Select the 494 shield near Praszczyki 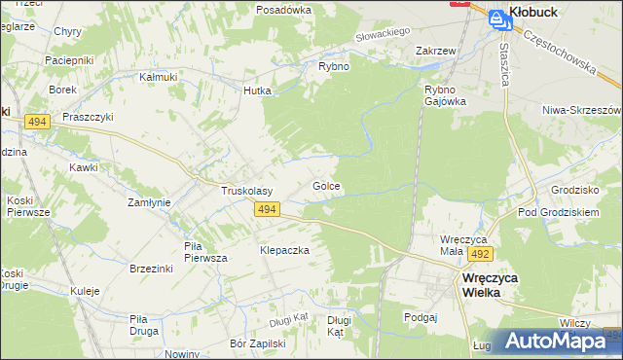(x=38, y=121)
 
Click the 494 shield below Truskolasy (x=269, y=209)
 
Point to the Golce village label (x=326, y=185)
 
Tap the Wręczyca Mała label (x=464, y=243)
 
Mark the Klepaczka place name (x=284, y=250)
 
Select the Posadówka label (x=283, y=9)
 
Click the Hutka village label (x=257, y=90)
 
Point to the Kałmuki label (x=158, y=76)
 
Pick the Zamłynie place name (x=150, y=202)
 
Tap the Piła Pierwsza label (x=205, y=252)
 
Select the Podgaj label (x=420, y=316)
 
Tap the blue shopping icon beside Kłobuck (x=496, y=17)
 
